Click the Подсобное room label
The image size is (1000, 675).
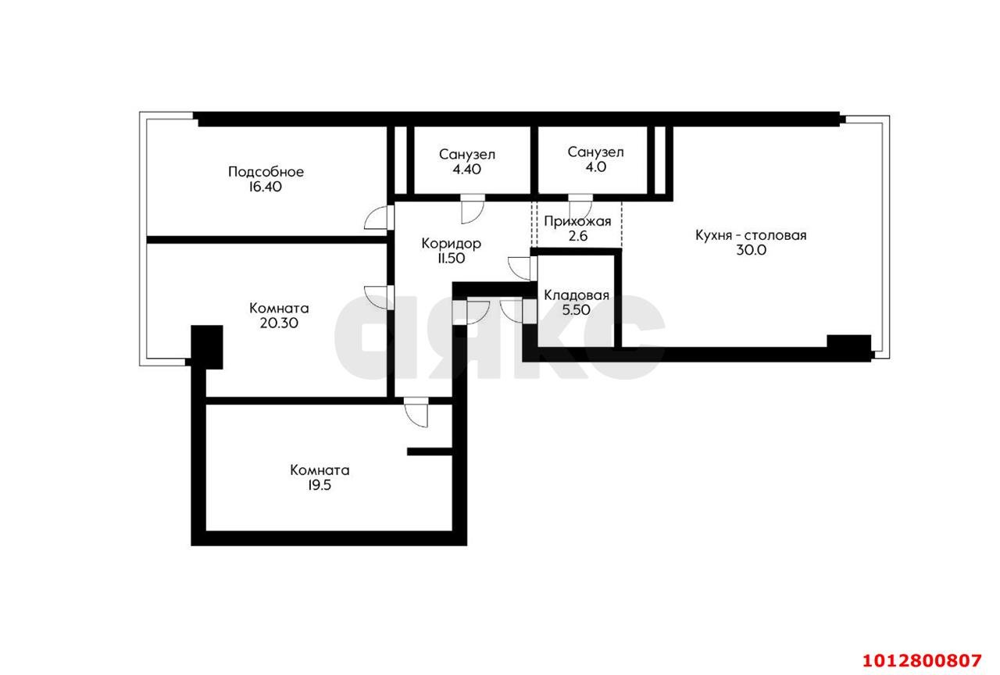266,172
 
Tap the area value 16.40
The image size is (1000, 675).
265,187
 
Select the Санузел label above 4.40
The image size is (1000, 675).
467,155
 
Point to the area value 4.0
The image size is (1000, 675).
595,167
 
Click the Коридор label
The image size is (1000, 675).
452,244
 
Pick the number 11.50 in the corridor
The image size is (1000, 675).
452,258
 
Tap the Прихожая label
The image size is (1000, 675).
577,221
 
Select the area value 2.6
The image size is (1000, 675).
577,236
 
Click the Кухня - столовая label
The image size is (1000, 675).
751,235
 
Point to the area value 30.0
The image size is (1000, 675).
751,250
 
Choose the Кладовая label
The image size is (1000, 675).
577,295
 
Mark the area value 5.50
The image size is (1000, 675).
576,310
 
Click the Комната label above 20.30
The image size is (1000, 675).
279,308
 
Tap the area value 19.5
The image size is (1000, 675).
320,485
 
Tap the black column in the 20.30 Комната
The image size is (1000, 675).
207,347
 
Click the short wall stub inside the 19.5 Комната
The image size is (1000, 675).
430,452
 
